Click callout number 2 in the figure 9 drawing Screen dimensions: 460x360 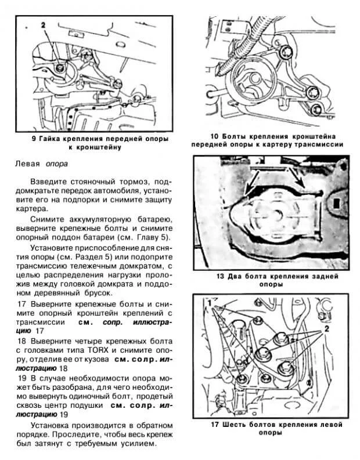pyautogui.click(x=42, y=24)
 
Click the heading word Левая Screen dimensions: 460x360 pyautogui.click(x=27, y=164)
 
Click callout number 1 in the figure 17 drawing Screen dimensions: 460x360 pyautogui.click(x=208, y=303)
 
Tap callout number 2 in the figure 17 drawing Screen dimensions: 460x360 pyautogui.click(x=326, y=328)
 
